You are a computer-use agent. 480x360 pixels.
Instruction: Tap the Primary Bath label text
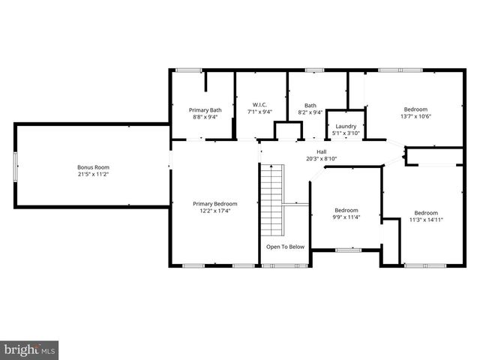205,110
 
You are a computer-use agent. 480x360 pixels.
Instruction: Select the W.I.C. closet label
260,104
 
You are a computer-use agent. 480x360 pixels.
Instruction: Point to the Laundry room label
346,126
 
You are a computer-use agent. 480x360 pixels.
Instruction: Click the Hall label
321,151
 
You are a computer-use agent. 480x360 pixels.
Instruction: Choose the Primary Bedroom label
214,204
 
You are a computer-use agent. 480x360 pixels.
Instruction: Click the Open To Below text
285,247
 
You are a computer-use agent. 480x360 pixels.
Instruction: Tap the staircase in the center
272,199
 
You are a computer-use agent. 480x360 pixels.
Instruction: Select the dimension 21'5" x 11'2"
93,175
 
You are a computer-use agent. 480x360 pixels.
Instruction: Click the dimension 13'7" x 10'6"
415,116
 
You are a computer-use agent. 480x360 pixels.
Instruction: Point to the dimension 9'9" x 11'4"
346,217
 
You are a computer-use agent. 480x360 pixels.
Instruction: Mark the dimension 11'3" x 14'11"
426,220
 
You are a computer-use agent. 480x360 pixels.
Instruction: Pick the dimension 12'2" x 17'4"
214,211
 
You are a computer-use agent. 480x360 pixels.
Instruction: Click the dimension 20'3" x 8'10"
321,158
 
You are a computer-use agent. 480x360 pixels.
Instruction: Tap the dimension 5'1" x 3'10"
346,133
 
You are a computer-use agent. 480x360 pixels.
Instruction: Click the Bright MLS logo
30,349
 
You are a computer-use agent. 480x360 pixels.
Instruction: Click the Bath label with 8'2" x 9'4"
310,106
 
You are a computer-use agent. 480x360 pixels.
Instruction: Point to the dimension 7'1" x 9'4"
260,112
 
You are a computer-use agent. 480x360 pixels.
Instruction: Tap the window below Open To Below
284,265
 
